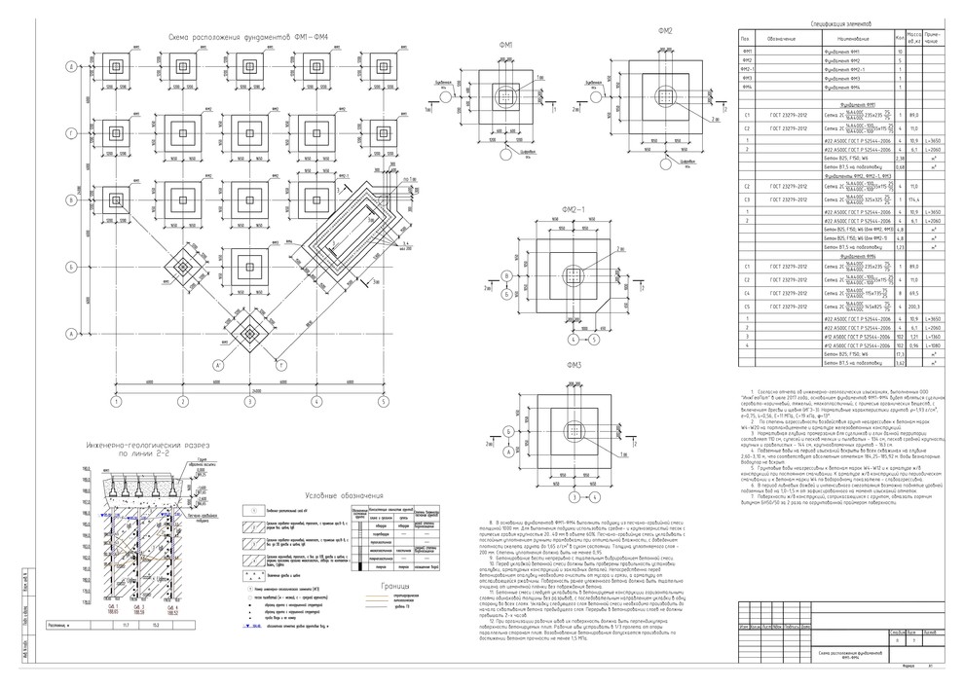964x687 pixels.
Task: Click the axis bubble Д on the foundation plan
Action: click(72, 67)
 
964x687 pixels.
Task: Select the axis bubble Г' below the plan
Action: click(281, 366)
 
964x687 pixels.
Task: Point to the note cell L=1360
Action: click(933, 337)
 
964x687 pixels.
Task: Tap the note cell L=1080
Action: click(933, 345)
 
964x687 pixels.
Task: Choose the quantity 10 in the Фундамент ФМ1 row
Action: click(900, 51)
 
